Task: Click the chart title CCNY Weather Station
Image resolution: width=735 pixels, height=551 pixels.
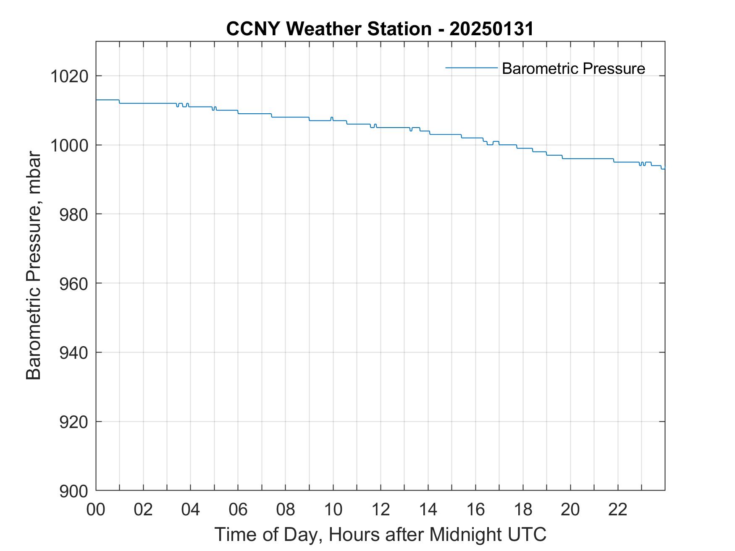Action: [x=328, y=29]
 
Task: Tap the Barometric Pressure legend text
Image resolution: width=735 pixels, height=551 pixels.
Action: [x=573, y=68]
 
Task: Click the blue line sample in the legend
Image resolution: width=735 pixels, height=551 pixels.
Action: [x=471, y=68]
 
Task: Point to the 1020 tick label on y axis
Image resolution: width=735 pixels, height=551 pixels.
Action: [x=69, y=77]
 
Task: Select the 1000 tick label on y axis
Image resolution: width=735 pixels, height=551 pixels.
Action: [x=69, y=146]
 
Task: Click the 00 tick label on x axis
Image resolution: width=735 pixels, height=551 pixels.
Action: [x=96, y=509]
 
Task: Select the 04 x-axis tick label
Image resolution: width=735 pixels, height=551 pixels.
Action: [x=191, y=509]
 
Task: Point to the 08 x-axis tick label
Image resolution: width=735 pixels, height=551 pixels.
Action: [x=286, y=509]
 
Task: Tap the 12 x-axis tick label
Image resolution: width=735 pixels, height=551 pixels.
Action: [x=381, y=509]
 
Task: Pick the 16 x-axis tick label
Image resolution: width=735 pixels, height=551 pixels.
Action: [x=475, y=509]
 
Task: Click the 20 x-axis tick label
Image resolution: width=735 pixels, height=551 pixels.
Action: [x=570, y=509]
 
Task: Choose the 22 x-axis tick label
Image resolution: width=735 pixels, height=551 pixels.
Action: [x=618, y=509]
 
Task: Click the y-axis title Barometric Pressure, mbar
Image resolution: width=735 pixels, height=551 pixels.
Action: [x=34, y=266]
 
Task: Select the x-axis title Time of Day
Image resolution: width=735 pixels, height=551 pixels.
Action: [x=380, y=534]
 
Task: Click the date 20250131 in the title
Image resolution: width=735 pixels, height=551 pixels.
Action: [x=491, y=29]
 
